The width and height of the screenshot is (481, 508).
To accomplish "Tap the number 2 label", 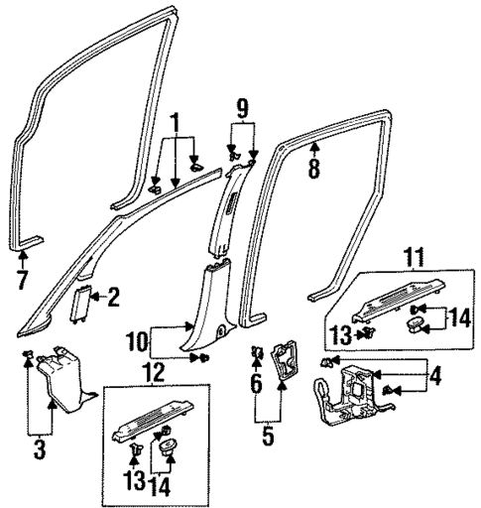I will [x=113, y=296].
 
